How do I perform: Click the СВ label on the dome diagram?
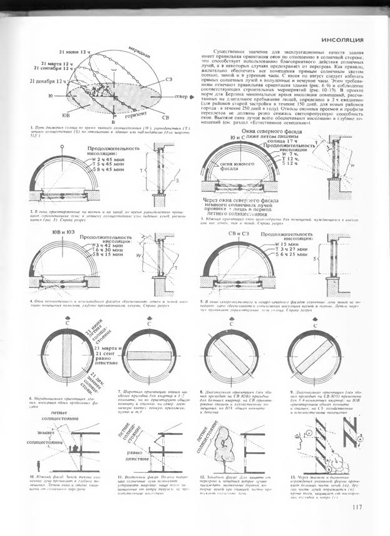pyautogui.click(x=165, y=117)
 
